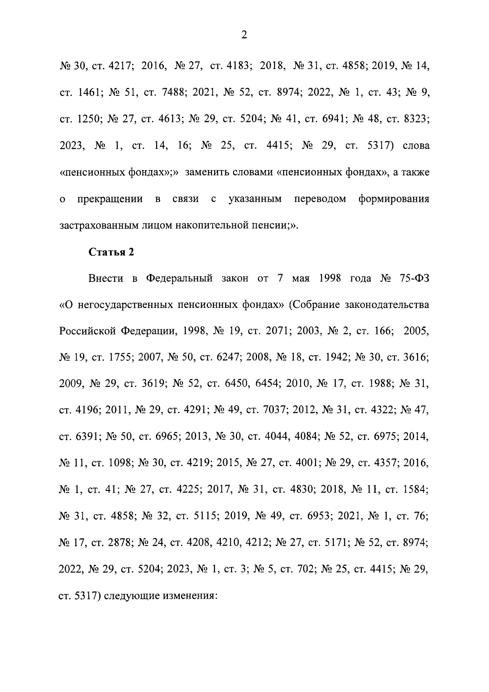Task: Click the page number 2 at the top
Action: coord(244,35)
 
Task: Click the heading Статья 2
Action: coord(111,252)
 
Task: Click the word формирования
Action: coord(394,199)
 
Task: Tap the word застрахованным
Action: coord(99,226)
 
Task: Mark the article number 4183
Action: coord(234,66)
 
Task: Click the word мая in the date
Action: coord(301,279)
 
